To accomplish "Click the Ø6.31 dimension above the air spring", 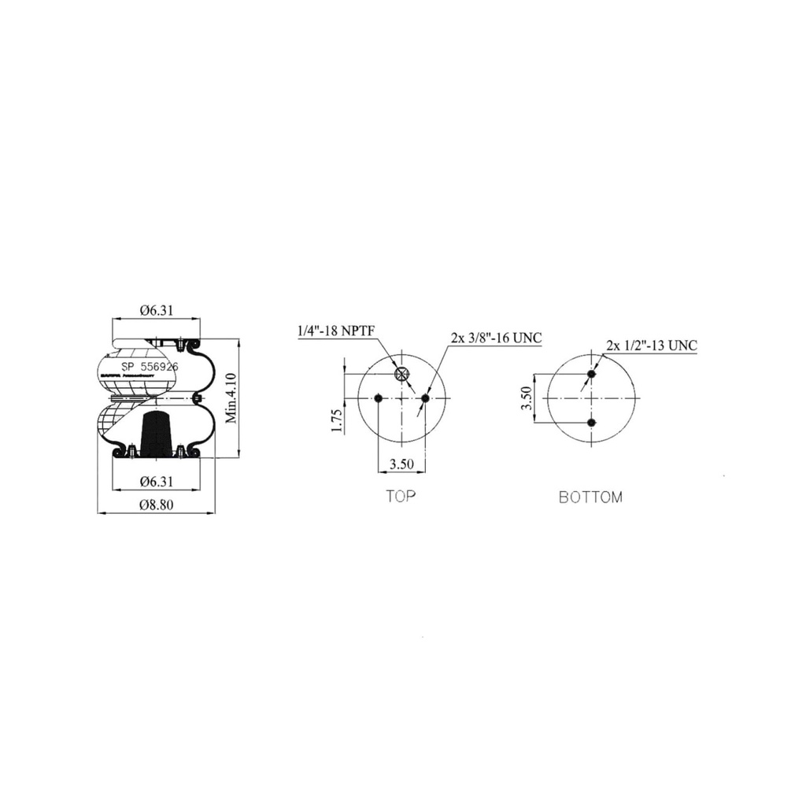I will point(156,310).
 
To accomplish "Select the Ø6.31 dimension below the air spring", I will point(156,481).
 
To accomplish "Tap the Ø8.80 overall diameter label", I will point(156,505).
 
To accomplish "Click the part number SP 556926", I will point(150,367).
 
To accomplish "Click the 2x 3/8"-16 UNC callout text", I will point(496,338).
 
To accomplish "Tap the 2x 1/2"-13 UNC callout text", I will point(651,346).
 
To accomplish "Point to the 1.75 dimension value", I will point(337,421).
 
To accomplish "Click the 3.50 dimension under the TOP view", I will point(401,464).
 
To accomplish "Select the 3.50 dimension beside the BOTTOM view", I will point(528,398).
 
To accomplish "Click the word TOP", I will point(401,496).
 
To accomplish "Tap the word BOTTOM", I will point(590,497).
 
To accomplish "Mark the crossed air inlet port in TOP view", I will point(402,374).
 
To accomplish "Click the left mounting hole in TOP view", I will point(379,398).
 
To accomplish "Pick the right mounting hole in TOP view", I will point(425,398).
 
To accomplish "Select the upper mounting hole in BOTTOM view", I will point(592,374).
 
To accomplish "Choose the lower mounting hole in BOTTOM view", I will point(592,423).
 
